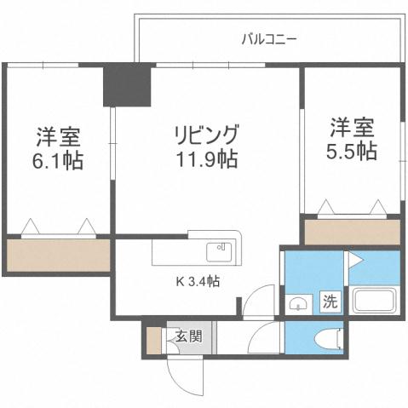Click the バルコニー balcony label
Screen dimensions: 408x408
pyautogui.click(x=268, y=38)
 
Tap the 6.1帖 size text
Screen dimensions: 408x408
pyautogui.click(x=59, y=159)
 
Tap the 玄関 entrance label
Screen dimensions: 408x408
pyautogui.click(x=189, y=335)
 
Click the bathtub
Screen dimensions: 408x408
pyautogui.click(x=375, y=301)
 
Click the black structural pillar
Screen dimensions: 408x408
pyautogui.click(x=126, y=85)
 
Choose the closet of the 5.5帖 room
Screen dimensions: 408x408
pyautogui.click(x=353, y=233)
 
